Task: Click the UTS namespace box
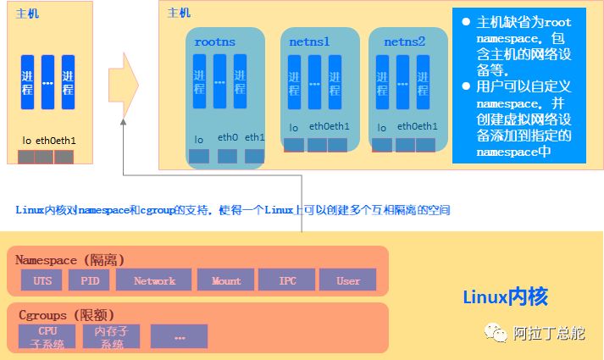(42, 280)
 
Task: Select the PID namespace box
(89, 280)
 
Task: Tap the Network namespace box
(153, 280)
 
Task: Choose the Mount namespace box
(225, 280)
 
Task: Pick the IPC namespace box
(286, 280)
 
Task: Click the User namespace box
(348, 280)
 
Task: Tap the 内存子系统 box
(111, 336)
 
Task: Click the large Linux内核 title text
(505, 296)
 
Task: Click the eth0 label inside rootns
(227, 137)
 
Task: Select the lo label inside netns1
(293, 128)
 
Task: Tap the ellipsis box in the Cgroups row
(179, 336)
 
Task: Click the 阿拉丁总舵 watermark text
(549, 333)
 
